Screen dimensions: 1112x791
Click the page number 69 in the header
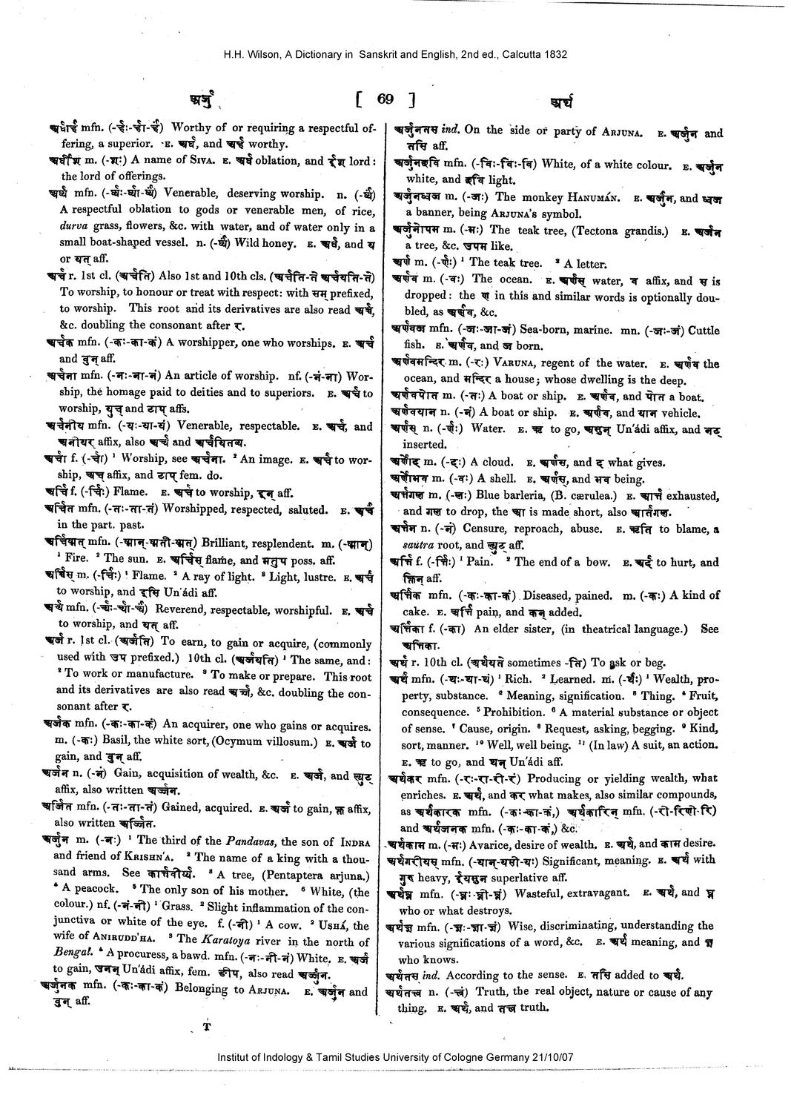coord(385,99)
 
